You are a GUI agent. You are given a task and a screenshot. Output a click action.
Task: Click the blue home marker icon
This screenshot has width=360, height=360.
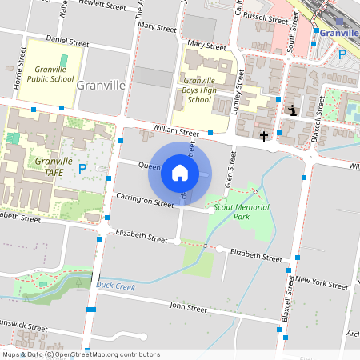coord(180,173)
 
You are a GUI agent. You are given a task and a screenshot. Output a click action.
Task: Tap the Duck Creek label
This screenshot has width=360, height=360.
coord(114,284)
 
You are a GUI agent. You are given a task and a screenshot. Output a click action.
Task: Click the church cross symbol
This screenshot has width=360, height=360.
coord(264,137)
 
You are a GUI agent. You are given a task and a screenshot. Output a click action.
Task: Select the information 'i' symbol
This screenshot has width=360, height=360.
coord(294,110)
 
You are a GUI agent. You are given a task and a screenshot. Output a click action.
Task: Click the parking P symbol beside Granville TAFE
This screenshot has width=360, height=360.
coord(82,169)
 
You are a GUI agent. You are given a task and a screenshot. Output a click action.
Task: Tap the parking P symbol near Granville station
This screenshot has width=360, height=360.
coord(342,54)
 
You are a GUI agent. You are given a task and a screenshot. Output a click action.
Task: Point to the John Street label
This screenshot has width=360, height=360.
coord(189,307)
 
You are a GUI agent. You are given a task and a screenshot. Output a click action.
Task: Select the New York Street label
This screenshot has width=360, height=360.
coord(322,283)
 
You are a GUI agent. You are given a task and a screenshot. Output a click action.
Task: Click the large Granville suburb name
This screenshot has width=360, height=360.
coord(101,85)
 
